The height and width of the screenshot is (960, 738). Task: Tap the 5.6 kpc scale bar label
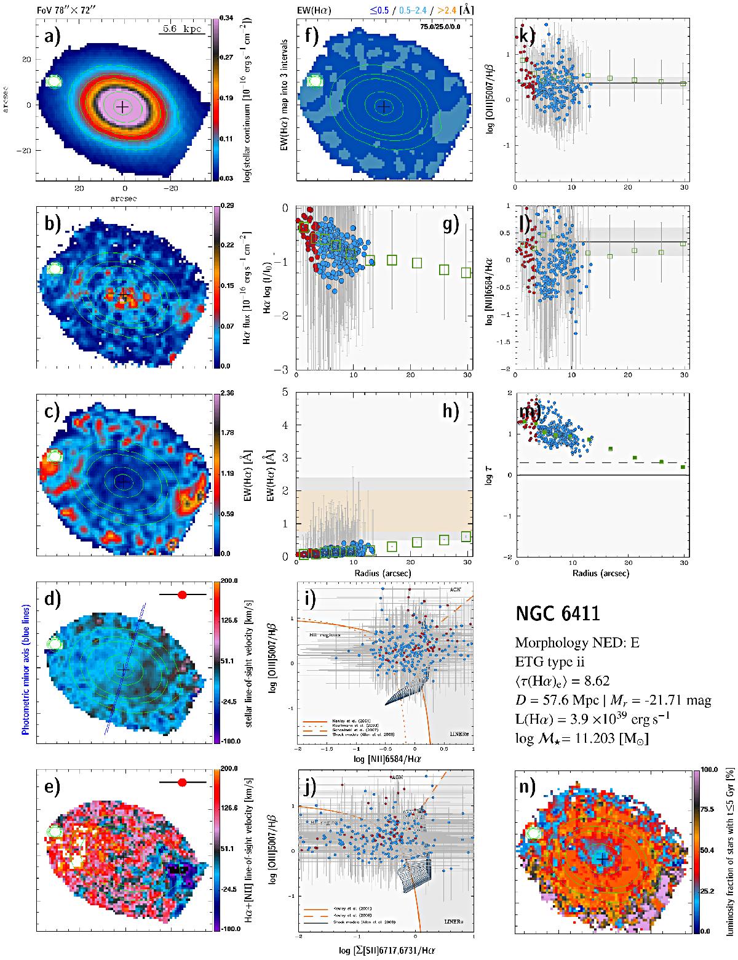coord(183,29)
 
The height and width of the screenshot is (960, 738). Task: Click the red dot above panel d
coord(182,594)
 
